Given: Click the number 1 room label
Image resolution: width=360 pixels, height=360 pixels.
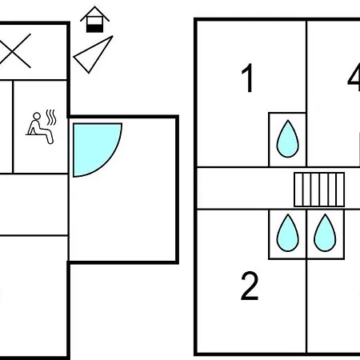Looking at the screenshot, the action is click(248, 78).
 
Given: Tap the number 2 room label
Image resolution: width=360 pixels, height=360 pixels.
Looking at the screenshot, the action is click(250, 286).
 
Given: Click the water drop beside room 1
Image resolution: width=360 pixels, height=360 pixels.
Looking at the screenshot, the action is click(288, 139).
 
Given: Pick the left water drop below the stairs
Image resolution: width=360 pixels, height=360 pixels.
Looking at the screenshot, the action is click(288, 233).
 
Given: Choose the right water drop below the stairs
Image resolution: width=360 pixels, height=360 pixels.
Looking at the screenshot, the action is click(325, 233).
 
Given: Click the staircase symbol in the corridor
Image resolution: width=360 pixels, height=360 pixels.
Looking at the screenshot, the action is click(319, 190).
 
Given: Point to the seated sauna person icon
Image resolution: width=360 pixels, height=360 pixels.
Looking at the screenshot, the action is click(40, 128).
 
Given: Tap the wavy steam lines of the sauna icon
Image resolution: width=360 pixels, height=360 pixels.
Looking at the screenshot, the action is click(51, 118).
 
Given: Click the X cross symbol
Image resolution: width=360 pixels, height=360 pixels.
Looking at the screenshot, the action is click(15, 50).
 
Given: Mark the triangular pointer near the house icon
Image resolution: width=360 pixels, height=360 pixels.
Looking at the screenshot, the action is click(94, 54).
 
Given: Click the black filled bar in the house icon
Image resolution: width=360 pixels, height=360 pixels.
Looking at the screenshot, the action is click(94, 28).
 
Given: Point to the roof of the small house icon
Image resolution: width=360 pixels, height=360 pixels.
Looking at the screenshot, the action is click(94, 14).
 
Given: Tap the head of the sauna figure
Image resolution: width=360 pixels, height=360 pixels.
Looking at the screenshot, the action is click(37, 116).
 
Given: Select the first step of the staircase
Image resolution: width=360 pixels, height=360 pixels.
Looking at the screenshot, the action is click(298, 190).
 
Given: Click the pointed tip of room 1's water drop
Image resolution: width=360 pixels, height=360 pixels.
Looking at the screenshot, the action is click(288, 120).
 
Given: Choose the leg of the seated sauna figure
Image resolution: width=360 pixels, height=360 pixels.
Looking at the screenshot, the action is click(46, 135).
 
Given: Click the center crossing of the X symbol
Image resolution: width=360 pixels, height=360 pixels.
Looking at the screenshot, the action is click(15, 50).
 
